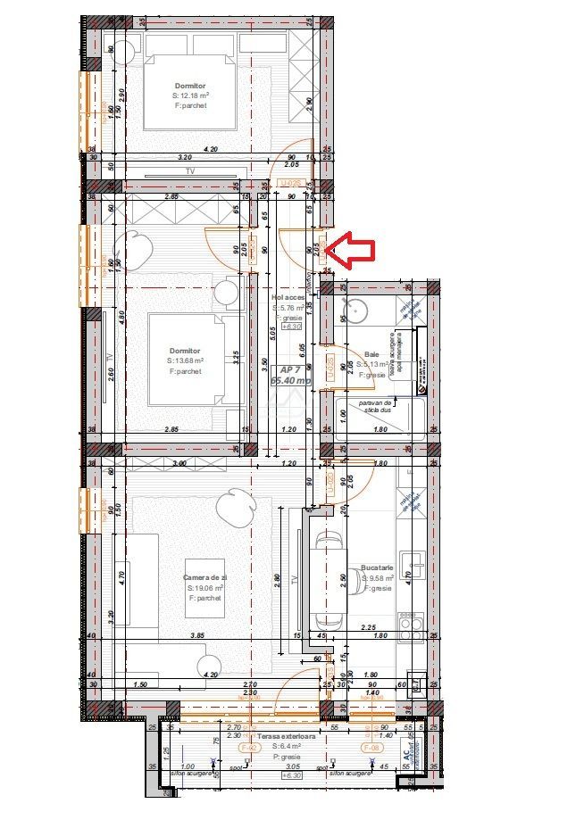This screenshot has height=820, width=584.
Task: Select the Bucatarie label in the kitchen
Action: pos(378,567)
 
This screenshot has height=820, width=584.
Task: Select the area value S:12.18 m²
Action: pos(191,95)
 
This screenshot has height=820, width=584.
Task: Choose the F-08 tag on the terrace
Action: pos(368,747)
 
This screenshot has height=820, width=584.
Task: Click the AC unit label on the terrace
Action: pos(407,755)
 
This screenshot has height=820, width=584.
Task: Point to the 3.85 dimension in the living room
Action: pos(196,635)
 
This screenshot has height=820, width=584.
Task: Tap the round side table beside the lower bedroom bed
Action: pos(228,292)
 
